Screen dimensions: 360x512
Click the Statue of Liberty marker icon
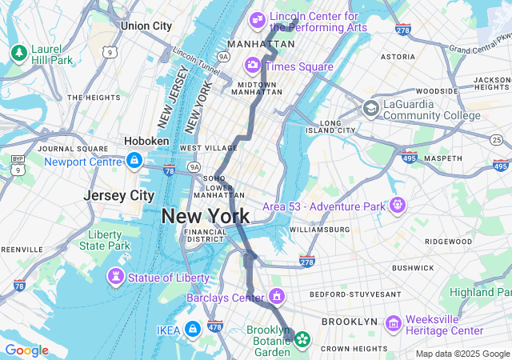coord(117,277)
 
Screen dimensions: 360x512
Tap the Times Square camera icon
coord(253,65)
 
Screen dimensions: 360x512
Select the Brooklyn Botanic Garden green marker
coord(302,339)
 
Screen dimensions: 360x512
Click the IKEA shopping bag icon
coord(192,329)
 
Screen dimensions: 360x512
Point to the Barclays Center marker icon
coord(277,297)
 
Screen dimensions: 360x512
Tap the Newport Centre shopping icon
coord(134,161)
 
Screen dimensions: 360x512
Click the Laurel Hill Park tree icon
coord(18,53)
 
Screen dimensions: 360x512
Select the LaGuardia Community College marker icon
coord(370,108)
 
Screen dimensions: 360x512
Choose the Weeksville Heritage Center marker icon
coord(393,324)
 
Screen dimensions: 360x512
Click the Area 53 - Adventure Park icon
coord(398,206)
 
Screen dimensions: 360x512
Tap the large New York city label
coord(205,216)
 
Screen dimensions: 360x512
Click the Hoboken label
coord(146,141)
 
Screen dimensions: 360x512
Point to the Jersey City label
coord(119,195)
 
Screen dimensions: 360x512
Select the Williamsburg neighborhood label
coord(319,230)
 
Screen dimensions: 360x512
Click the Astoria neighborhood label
coord(398,57)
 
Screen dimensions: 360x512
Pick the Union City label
coord(146,26)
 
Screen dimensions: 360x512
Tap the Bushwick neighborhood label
coord(413,267)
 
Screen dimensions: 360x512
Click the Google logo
coord(26,350)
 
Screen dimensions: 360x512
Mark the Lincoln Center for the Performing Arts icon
coord(258,18)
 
